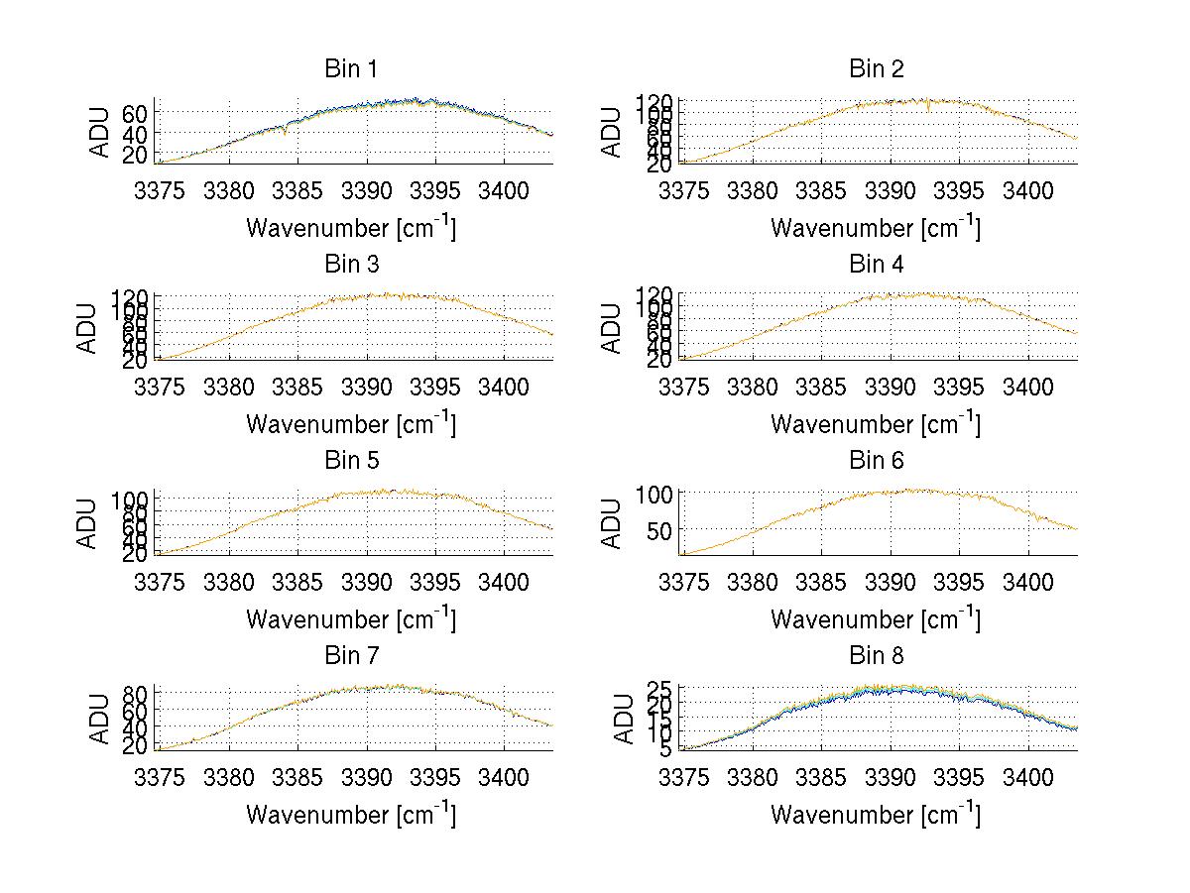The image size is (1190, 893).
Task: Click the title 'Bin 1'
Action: [x=350, y=69]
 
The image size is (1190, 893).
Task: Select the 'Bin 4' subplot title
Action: [x=876, y=265]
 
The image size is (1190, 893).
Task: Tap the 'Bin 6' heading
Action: [x=876, y=461]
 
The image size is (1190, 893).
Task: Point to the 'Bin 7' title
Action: [x=350, y=656]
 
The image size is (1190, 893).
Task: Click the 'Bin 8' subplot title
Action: [x=876, y=656]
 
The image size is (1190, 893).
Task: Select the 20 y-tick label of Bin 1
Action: [x=136, y=155]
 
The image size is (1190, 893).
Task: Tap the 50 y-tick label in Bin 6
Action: [x=660, y=530]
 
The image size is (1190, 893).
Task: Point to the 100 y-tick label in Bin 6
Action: [x=654, y=494]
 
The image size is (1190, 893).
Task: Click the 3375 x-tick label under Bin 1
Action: [x=160, y=191]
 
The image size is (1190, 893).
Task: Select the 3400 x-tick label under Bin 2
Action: [x=1027, y=191]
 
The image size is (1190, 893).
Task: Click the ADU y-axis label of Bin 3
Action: [x=88, y=328]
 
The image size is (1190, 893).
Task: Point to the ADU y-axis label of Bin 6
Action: [x=613, y=523]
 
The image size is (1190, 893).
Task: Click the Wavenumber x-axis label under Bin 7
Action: [x=350, y=815]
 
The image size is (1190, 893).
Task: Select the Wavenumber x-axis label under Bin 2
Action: [x=876, y=228]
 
